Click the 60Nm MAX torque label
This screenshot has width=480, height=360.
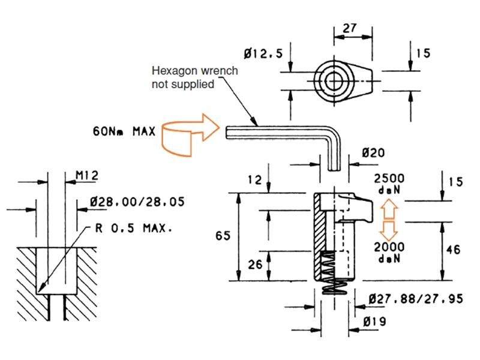click(x=122, y=131)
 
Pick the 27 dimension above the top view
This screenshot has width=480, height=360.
click(x=350, y=27)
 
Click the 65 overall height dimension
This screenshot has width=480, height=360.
click(x=223, y=236)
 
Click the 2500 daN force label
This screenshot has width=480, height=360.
click(x=389, y=184)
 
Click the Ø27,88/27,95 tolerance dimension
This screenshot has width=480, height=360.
click(x=416, y=298)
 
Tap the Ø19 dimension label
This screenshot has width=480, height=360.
click(x=376, y=322)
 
